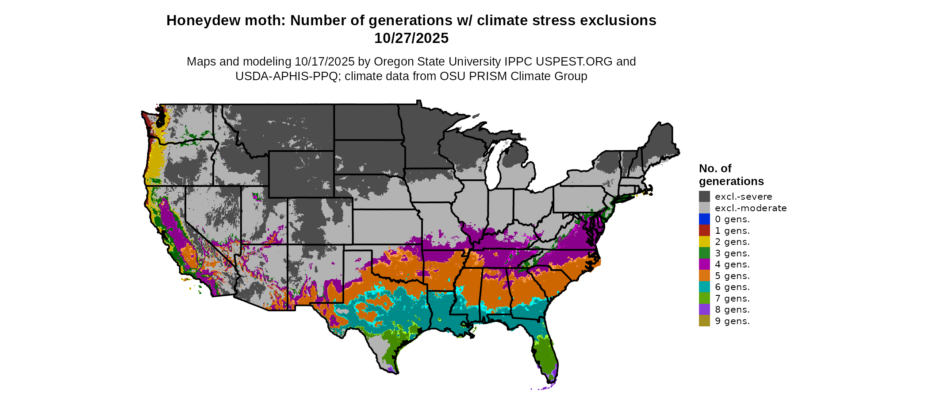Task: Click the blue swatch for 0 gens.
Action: [704, 219]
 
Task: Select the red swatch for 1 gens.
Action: [704, 231]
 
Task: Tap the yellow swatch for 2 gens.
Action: [704, 242]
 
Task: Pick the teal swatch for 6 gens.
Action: [704, 287]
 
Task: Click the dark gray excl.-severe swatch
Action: [704, 197]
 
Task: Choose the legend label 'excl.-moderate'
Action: [750, 208]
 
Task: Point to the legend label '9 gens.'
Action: [732, 321]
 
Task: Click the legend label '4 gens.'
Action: [732, 264]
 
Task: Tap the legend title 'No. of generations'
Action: [731, 175]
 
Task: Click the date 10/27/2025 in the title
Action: [411, 38]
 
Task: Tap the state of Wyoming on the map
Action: [301, 174]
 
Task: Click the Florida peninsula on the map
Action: [546, 354]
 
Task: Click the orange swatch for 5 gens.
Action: [704, 276]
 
